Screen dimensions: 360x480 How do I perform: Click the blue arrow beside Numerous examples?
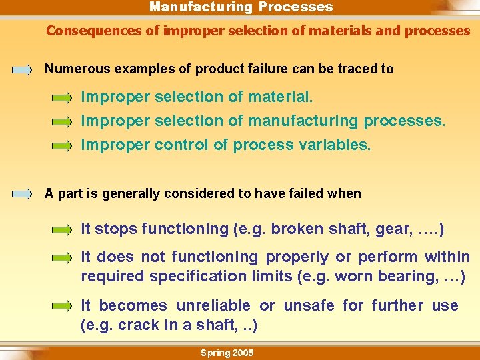[22, 69]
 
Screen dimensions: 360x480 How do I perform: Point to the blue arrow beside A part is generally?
[22, 195]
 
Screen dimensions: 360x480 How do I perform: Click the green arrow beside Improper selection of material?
[63, 98]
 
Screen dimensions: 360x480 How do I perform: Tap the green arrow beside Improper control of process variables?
[63, 145]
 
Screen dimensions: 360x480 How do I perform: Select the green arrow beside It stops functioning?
[63, 230]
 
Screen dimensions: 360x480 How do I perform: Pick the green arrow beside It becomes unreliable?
[63, 306]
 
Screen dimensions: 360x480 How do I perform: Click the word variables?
[337, 145]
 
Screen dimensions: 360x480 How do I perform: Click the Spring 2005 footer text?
[227, 353]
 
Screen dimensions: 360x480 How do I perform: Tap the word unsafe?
[309, 305]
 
